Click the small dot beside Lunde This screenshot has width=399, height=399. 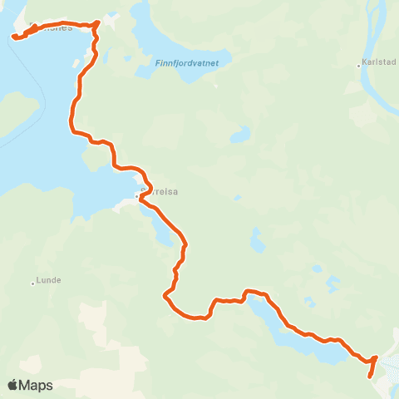[33, 283]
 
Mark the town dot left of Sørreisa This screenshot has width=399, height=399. [137, 196]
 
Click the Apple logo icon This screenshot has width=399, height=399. [12, 385]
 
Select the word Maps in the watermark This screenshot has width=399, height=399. [36, 385]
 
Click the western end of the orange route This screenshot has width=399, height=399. [15, 36]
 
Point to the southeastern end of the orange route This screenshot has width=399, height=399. [370, 376]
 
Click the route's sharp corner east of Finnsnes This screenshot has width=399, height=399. [98, 22]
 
